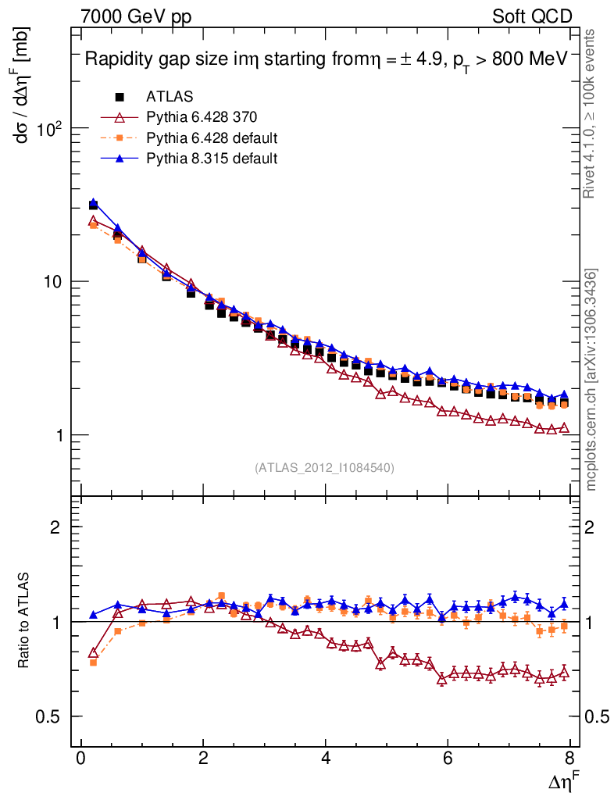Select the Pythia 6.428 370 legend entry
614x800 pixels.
(202, 118)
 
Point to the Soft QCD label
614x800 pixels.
(533, 16)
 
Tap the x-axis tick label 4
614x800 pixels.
(326, 759)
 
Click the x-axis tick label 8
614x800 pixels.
(570, 759)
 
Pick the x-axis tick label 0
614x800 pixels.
(81, 759)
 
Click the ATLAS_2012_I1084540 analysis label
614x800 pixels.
(324, 468)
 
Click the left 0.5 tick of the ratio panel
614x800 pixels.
(55, 716)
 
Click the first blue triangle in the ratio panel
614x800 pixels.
(94, 615)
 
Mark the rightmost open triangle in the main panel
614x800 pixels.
(564, 428)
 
